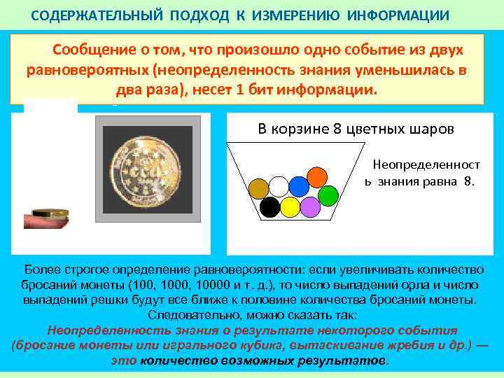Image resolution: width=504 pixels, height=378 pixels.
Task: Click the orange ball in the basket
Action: (318, 176)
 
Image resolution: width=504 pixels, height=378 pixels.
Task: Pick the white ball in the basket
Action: (279, 186)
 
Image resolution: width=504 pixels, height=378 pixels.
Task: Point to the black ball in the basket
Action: (269, 207)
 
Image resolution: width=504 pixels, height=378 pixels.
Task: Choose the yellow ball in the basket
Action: (290, 207)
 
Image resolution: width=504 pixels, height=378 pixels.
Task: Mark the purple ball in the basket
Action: (310, 206)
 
